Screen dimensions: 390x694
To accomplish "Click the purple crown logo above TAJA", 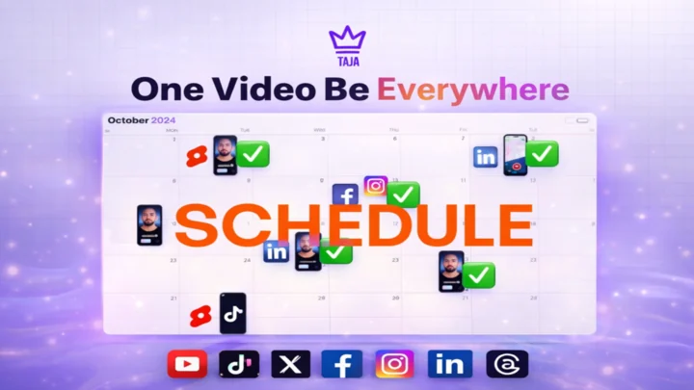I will click(347, 39).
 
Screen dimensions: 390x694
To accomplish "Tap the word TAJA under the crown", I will click(347, 60).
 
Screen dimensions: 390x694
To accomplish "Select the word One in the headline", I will click(162, 90).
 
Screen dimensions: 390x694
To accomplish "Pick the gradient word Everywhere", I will click(472, 90).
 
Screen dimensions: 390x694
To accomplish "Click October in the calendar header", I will click(127, 120).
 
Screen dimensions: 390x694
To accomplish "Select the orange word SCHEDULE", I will click(353, 225).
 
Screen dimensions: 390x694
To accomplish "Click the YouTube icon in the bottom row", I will click(186, 363).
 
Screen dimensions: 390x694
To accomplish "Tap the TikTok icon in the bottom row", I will click(238, 363).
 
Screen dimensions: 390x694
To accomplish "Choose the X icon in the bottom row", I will click(290, 363).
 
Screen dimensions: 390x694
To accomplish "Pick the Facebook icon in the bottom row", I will click(342, 363).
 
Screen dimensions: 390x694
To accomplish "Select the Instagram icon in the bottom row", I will click(394, 363).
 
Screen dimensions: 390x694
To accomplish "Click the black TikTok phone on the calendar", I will click(231, 313).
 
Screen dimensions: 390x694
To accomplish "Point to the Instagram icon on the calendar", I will click(376, 186).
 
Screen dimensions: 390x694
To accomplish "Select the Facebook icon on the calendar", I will click(345, 195).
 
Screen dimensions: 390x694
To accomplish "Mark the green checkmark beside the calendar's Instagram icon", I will click(403, 195).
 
